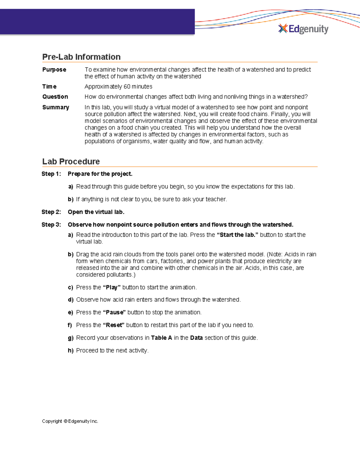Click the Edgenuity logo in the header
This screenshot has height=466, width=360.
tap(303, 29)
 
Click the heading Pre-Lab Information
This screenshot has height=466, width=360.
tap(81, 57)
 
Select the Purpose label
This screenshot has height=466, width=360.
tap(54, 70)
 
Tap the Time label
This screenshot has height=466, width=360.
tap(49, 87)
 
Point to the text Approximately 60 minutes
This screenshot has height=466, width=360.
tap(118, 87)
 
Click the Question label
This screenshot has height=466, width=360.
tap(55, 97)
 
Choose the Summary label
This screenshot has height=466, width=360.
tap(56, 107)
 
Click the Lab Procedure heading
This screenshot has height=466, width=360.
tap(71, 161)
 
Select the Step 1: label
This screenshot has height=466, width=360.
tap(51, 174)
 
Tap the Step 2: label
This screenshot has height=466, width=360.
tap(51, 212)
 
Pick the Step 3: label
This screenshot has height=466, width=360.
tap(51, 225)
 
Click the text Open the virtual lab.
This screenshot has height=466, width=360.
tap(96, 212)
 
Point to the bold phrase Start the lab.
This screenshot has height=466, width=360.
tap(237, 235)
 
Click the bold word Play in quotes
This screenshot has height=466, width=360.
tap(112, 287)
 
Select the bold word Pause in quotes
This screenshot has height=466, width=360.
tap(115, 312)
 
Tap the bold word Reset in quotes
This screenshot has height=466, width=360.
tap(114, 325)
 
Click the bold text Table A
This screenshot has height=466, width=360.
tap(161, 338)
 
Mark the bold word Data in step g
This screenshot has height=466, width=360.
tap(196, 338)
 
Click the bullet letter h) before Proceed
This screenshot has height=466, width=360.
tap(70, 351)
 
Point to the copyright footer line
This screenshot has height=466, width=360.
tap(70, 421)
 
